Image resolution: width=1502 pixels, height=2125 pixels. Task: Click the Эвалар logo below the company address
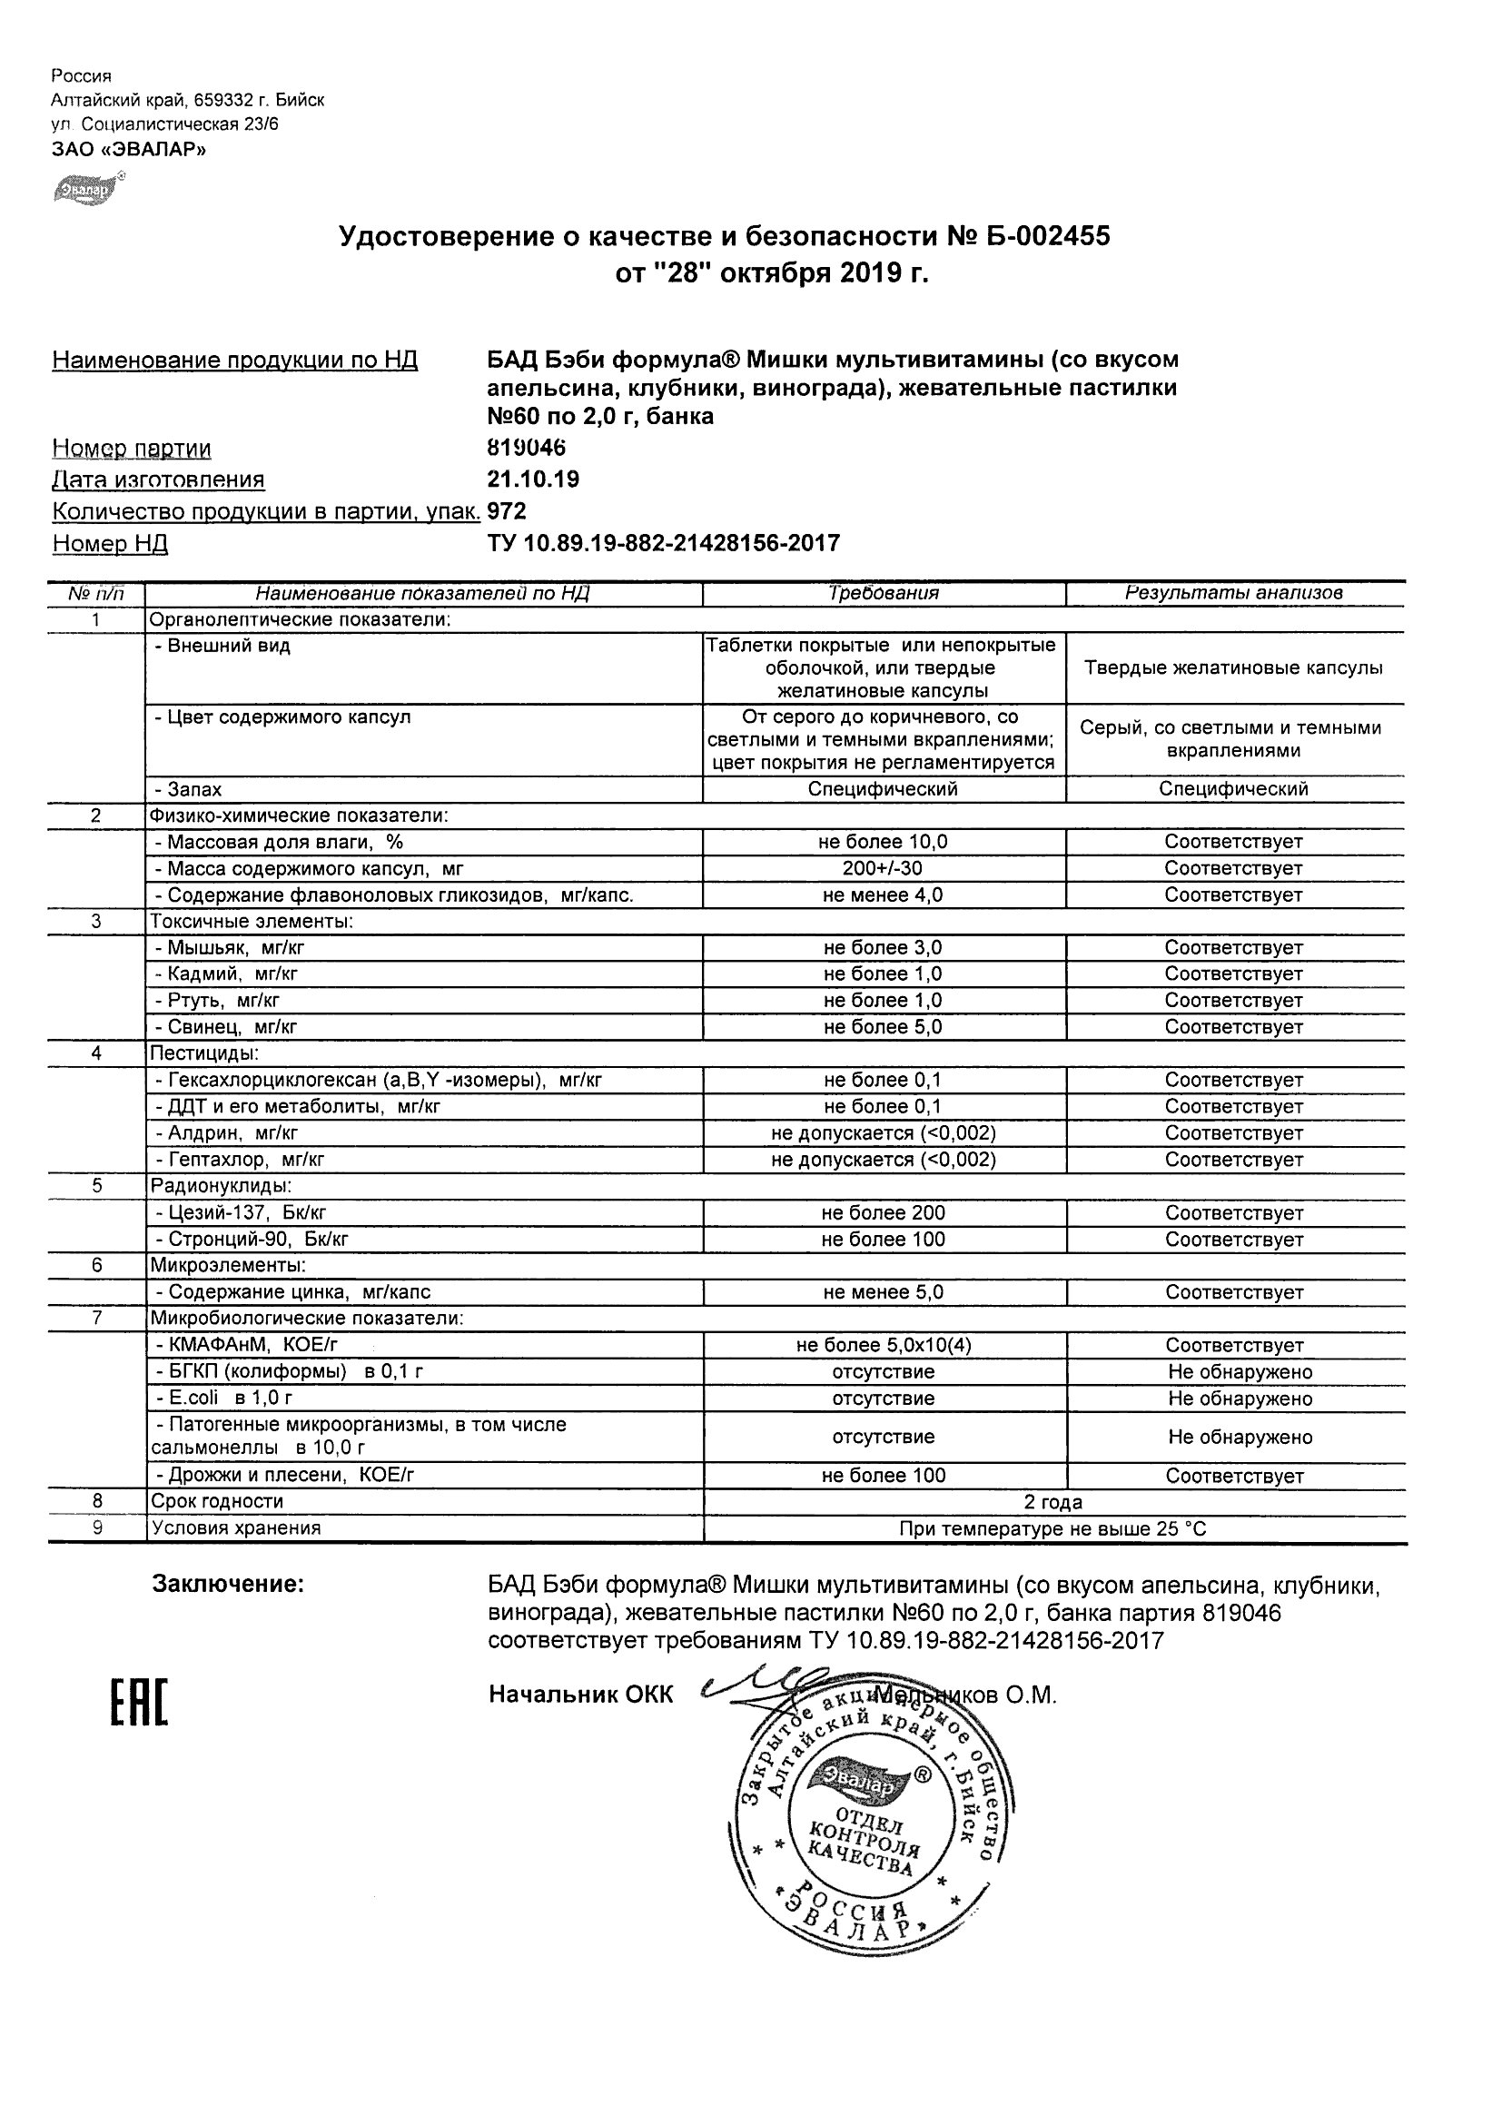pyautogui.click(x=86, y=190)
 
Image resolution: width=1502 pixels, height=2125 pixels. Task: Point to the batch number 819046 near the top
pyautogui.click(x=526, y=448)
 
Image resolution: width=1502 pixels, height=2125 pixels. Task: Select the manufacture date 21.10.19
pyautogui.click(x=533, y=479)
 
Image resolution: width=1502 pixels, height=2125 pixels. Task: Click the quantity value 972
pyautogui.click(x=506, y=511)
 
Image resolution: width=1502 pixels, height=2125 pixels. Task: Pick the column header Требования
pyautogui.click(x=883, y=593)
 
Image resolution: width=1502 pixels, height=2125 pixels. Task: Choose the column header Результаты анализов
pyautogui.click(x=1233, y=593)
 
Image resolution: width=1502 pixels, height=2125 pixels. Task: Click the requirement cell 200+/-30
pyautogui.click(x=883, y=868)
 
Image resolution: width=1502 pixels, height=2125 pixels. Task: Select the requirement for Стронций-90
pyautogui.click(x=883, y=1240)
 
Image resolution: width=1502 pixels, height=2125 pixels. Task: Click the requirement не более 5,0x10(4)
pyautogui.click(x=883, y=1346)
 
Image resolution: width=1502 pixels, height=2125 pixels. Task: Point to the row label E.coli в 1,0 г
pyautogui.click(x=224, y=1399)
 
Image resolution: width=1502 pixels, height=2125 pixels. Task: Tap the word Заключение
pyautogui.click(x=228, y=1585)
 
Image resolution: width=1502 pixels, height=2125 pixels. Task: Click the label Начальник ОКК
pyautogui.click(x=580, y=1695)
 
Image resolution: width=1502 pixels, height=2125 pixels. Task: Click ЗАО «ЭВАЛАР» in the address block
pyautogui.click(x=129, y=149)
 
